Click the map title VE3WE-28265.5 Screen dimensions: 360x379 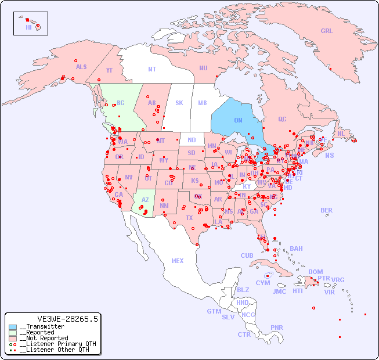click(x=67, y=319)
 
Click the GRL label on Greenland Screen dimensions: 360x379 click(x=327, y=31)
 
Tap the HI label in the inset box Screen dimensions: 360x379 click(x=28, y=27)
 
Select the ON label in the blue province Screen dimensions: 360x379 click(x=238, y=120)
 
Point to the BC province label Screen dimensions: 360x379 click(x=121, y=103)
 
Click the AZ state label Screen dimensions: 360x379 click(x=145, y=200)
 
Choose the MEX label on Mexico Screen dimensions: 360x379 click(x=177, y=261)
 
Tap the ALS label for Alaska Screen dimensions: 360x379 click(x=81, y=67)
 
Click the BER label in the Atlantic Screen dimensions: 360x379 click(x=326, y=210)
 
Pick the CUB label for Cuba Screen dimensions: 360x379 click(x=247, y=255)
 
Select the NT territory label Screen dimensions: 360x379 click(x=152, y=69)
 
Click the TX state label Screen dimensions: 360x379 click(x=189, y=218)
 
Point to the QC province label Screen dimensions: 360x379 click(x=282, y=119)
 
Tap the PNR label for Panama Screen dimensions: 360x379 click(x=277, y=327)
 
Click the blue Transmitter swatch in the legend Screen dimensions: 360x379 click(x=13, y=327)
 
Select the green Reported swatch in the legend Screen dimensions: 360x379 click(x=13, y=333)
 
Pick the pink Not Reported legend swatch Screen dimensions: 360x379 click(x=13, y=338)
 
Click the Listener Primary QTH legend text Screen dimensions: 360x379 click(x=57, y=344)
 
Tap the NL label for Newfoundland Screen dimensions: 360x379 click(x=341, y=133)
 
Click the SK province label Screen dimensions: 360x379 click(x=179, y=103)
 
